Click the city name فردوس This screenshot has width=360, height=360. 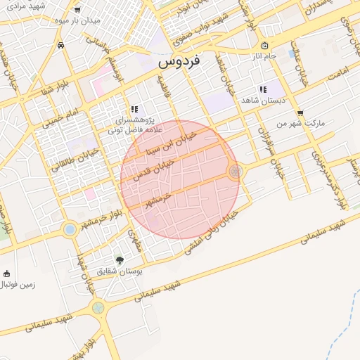[179, 61]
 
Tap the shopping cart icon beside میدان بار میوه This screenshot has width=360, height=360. [77, 10]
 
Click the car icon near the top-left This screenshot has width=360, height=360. [62, 45]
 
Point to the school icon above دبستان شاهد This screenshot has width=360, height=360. [262, 89]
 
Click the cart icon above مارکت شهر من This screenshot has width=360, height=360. [300, 112]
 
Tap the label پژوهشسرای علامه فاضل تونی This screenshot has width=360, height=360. [135, 125]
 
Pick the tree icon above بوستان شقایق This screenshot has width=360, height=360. [118, 259]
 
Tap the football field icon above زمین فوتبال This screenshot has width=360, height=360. [7, 274]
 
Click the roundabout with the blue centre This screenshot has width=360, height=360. [70, 229]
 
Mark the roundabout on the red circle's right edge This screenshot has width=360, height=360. [236, 171]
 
